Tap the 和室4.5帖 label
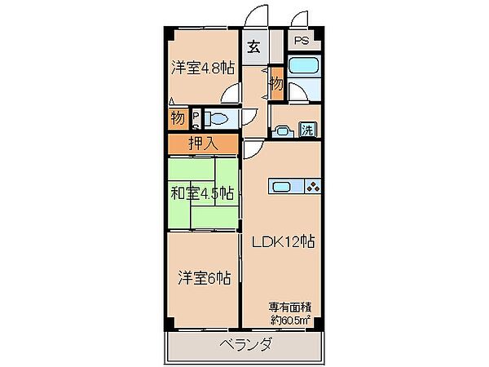point(202,194)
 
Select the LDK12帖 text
point(283,241)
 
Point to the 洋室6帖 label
point(203,277)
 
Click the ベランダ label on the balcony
point(244,344)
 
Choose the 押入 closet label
point(204,144)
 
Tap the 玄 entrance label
point(254,46)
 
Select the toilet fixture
point(218,119)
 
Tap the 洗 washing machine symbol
point(307,129)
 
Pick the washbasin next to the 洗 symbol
point(284,129)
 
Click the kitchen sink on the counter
point(282,187)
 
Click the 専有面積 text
point(289,307)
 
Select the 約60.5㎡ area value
point(289,320)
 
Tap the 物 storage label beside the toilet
point(177,119)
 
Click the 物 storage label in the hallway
point(276,83)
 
